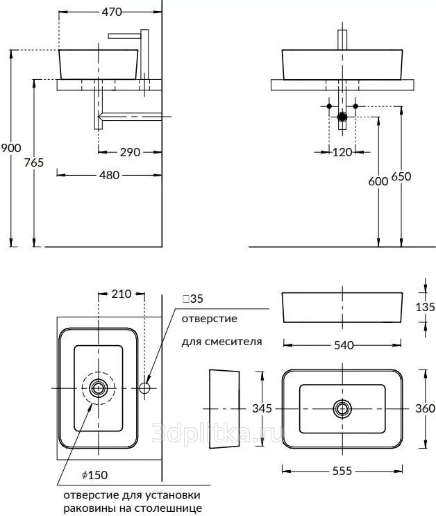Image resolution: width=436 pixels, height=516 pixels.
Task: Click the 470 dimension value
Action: (111, 12)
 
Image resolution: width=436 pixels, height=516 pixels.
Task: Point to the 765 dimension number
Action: (33, 162)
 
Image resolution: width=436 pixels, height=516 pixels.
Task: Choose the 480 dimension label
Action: (109, 174)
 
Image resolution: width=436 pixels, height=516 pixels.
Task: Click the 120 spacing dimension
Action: (342, 152)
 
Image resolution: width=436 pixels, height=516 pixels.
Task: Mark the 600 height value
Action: (378, 181)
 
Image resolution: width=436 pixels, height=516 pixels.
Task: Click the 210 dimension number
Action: (121, 294)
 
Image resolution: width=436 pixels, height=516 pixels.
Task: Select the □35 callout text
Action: (192, 299)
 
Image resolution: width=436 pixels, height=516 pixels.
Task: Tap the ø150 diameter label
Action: (94, 475)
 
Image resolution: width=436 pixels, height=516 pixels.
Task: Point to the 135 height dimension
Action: (426, 306)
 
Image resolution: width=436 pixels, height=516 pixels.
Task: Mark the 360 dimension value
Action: (425, 408)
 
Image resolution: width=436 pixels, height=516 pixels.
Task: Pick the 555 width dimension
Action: (342, 470)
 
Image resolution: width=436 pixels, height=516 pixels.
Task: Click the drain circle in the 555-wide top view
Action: (342, 408)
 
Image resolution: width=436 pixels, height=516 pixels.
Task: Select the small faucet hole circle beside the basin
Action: (145, 387)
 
